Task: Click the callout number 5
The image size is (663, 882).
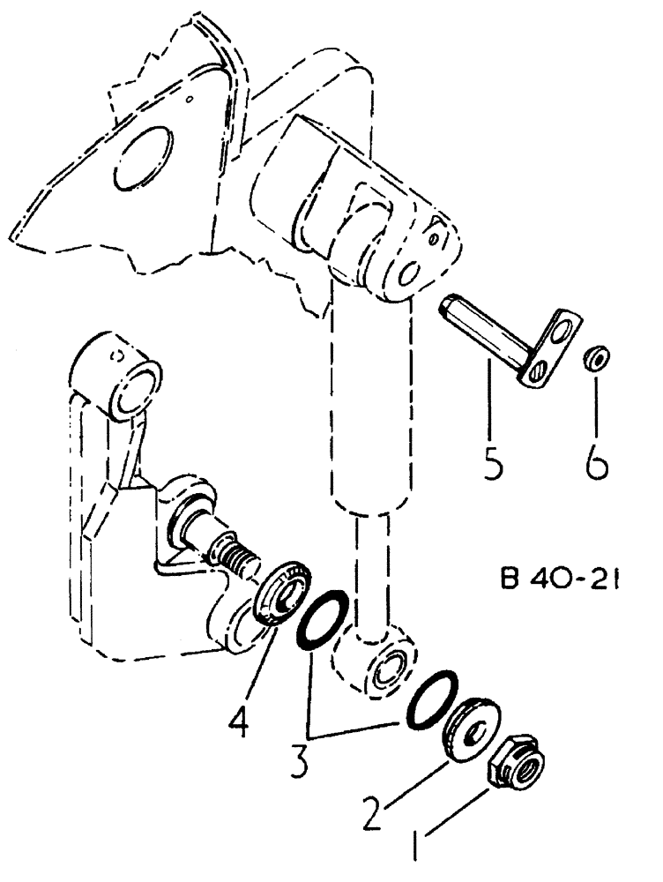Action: pyautogui.click(x=494, y=460)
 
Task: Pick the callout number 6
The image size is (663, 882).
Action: pyautogui.click(x=597, y=460)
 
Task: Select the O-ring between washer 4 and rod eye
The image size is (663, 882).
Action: pyautogui.click(x=320, y=624)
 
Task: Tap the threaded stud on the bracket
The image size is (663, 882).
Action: pyautogui.click(x=236, y=557)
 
